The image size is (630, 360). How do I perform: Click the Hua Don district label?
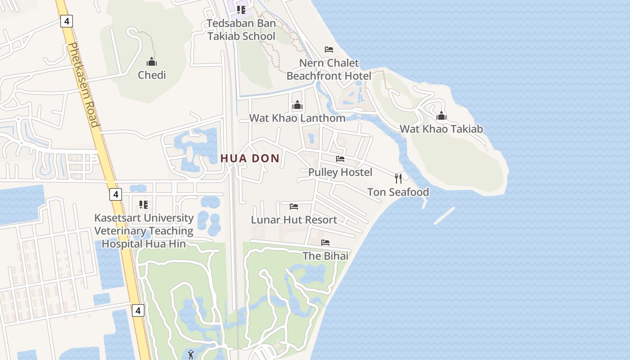[250, 158]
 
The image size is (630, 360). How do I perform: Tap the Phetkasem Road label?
[82, 85]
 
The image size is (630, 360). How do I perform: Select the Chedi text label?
[152, 75]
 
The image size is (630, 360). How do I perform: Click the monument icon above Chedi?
[152, 61]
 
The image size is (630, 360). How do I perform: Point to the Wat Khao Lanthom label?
[297, 118]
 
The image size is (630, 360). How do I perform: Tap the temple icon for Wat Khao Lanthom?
[297, 105]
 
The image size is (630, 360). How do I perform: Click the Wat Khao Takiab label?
[441, 129]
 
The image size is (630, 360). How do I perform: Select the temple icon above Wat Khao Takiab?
[441, 116]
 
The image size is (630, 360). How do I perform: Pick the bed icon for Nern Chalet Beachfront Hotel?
[329, 49]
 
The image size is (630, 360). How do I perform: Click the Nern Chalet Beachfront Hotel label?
[329, 69]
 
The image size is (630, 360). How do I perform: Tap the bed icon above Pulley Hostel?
[340, 159]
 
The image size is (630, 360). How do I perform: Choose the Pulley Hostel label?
[340, 172]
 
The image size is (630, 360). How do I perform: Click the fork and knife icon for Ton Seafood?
[398, 178]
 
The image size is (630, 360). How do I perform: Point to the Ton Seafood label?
[398, 192]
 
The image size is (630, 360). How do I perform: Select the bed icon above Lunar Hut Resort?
[294, 207]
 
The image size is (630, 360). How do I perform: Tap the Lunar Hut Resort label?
[294, 220]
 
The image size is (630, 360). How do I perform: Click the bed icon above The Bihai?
[325, 243]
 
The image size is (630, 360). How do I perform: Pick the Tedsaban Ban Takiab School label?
[241, 30]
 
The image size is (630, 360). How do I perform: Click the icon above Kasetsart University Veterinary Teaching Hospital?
[144, 205]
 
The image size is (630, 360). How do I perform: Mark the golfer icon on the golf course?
[191, 354]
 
